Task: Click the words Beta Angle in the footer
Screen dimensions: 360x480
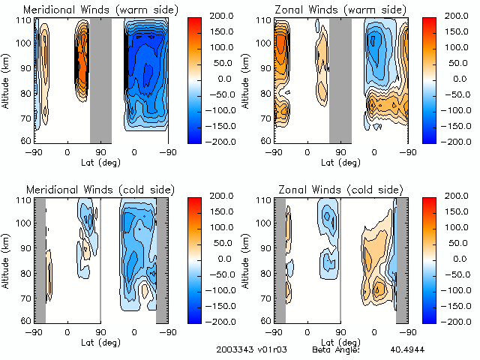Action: coord(335,350)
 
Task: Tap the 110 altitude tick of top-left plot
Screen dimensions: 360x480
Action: coord(25,21)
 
